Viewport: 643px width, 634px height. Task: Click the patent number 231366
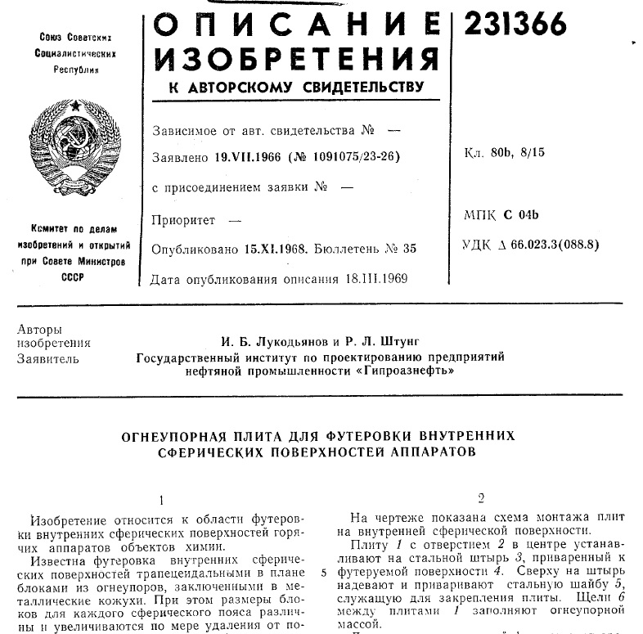(x=515, y=25)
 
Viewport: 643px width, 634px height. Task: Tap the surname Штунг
(x=398, y=339)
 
